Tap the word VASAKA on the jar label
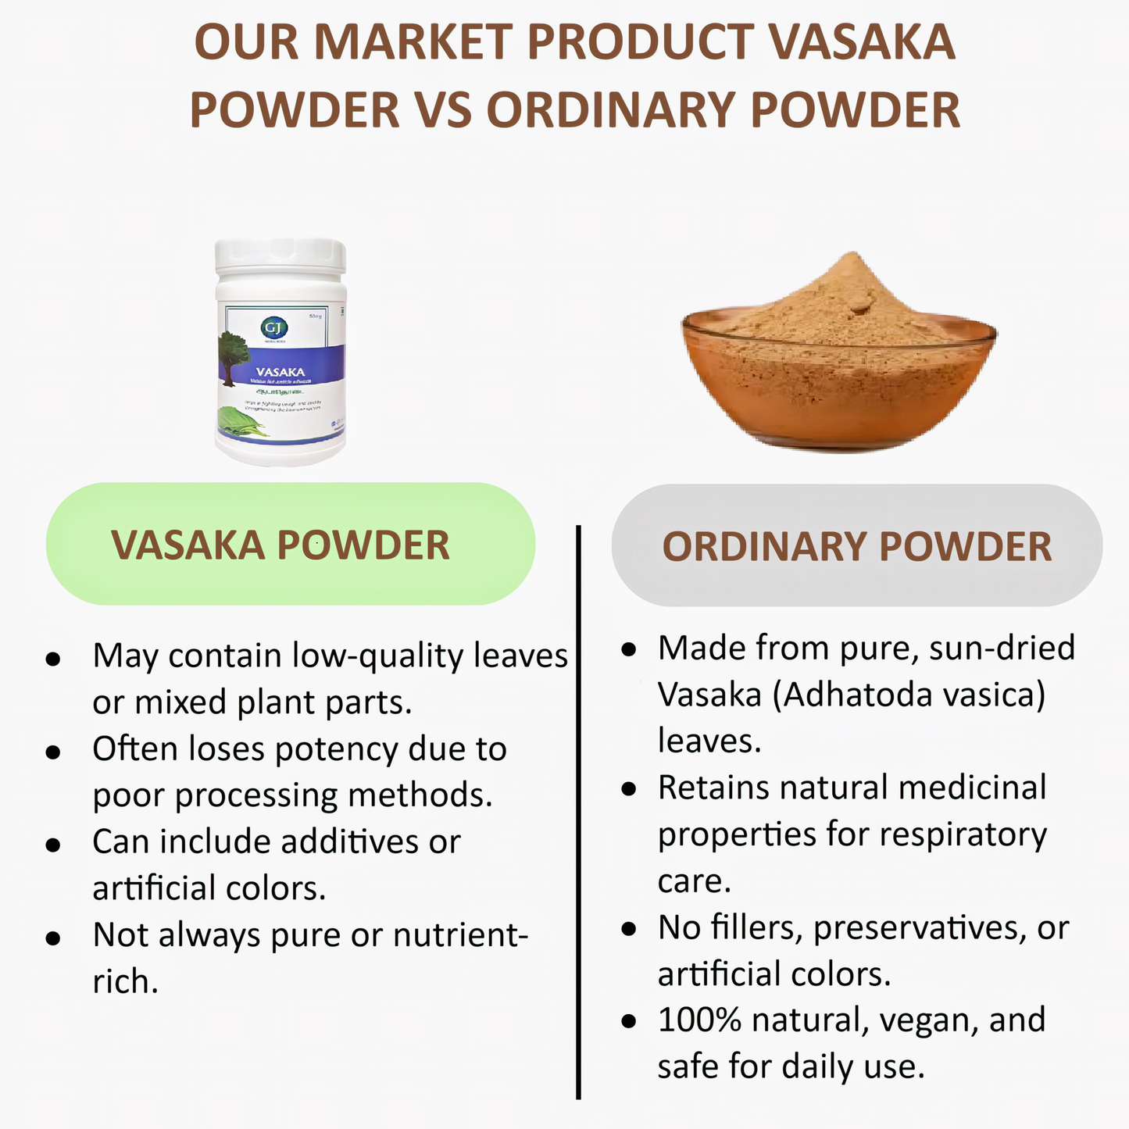pyautogui.click(x=280, y=371)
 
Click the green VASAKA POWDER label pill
pyautogui.click(x=290, y=545)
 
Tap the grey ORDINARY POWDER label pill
pyautogui.click(x=856, y=546)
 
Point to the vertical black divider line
pyautogui.click(x=578, y=813)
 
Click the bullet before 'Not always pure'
pyautogui.click(x=53, y=938)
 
